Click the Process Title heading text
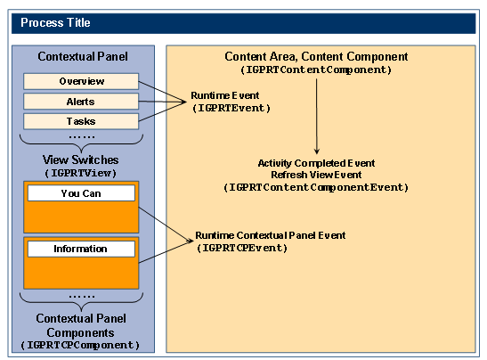(55, 22)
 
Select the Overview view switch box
(81, 81)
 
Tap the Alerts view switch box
(81, 102)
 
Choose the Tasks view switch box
(81, 121)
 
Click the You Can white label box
(81, 193)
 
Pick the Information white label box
(81, 249)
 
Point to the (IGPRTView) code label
(81, 173)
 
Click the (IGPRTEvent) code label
(231, 108)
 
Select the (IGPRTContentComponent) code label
(316, 70)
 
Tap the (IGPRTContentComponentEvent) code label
(316, 187)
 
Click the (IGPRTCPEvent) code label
(242, 248)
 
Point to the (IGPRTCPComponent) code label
(80, 345)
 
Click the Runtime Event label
(225, 95)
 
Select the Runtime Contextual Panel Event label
(271, 235)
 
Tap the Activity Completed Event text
(316, 163)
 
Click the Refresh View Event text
(316, 175)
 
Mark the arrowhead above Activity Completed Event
(317, 151)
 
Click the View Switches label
(81, 160)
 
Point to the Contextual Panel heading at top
(83, 56)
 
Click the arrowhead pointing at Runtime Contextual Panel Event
(190, 241)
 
